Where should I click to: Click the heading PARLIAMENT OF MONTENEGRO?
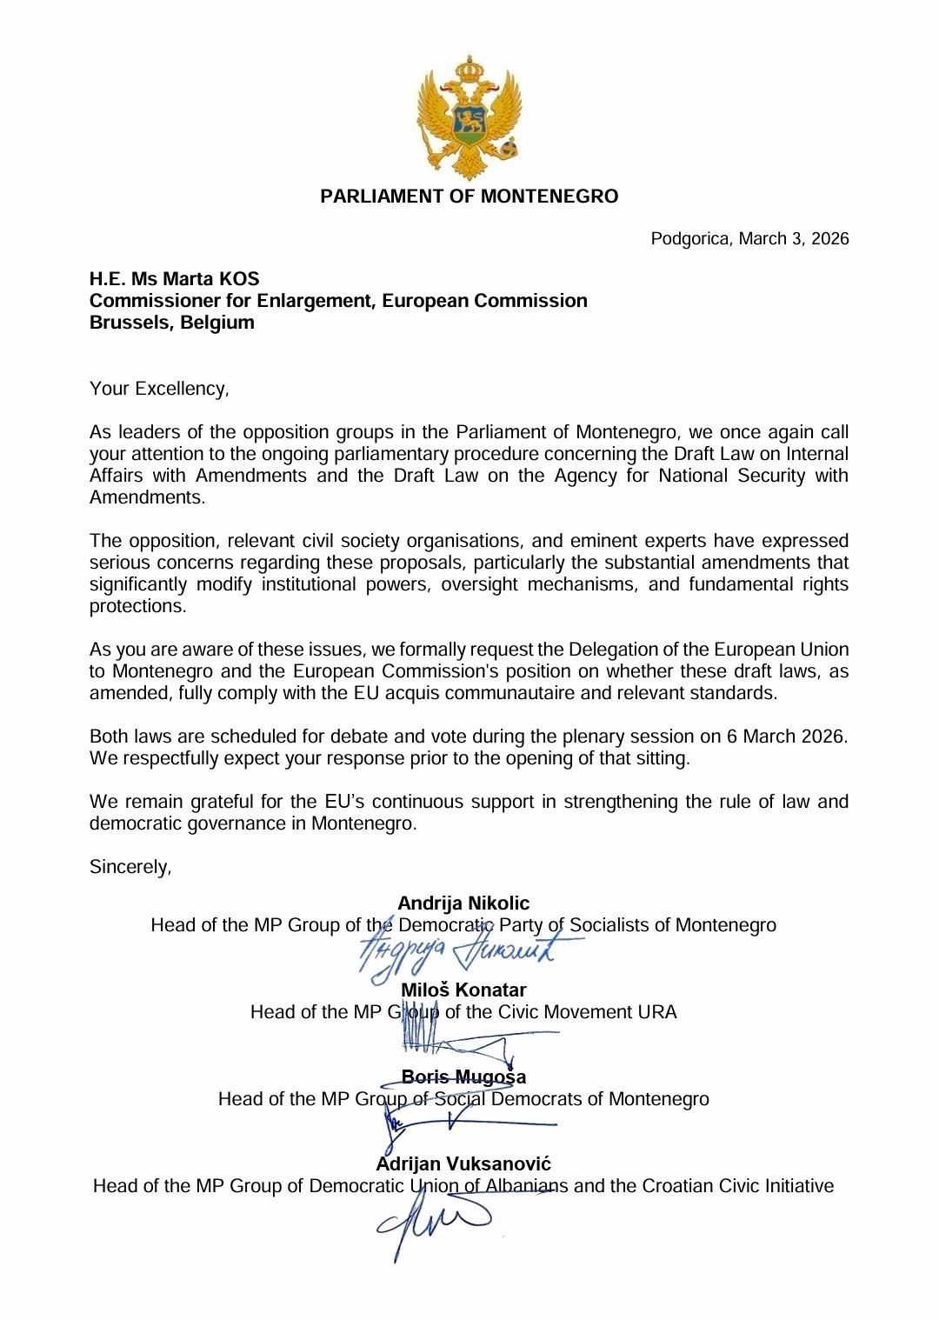[469, 197]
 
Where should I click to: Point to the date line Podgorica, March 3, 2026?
[749, 238]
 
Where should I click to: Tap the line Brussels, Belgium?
[172, 323]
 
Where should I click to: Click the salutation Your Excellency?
[159, 389]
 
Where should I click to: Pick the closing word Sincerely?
[130, 867]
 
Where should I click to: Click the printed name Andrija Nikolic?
[463, 903]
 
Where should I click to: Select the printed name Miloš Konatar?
[463, 990]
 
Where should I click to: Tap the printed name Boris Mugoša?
[463, 1077]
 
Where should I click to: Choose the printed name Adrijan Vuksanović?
[463, 1164]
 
